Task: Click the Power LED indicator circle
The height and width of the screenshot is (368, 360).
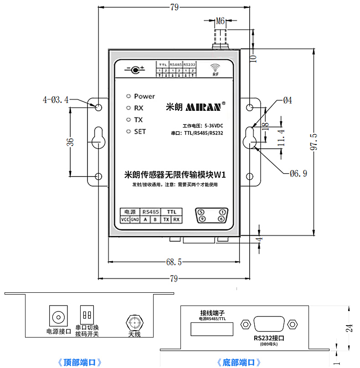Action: pos(129,96)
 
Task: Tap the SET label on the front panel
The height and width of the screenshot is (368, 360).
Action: pos(140,131)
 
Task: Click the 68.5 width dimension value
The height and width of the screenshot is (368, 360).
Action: pos(174,262)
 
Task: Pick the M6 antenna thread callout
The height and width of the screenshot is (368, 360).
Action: pos(221,21)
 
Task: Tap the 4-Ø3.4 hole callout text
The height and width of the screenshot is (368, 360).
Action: pos(55,99)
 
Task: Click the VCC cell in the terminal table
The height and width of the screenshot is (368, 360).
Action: pos(125,220)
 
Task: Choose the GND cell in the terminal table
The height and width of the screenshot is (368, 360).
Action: pos(135,220)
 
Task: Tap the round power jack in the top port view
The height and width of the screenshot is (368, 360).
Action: pos(58,316)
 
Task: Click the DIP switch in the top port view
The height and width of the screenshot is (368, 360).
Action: pos(87,315)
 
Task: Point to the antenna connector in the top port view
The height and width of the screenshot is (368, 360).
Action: pos(134,323)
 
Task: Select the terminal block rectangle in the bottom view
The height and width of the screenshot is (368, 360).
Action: pos(212,328)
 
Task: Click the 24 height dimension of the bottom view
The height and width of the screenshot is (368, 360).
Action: pos(349,328)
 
